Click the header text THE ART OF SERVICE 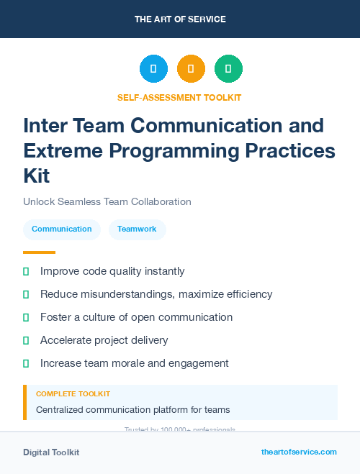[180, 19]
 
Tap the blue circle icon [153, 69]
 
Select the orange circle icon [191, 69]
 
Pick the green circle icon [228, 69]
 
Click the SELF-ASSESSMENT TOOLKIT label [180, 97]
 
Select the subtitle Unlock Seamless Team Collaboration [107, 201]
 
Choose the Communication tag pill [62, 229]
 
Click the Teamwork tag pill [137, 229]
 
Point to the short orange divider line [39, 252]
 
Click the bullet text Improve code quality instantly [112, 271]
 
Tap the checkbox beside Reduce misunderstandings [26, 294]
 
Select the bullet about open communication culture [136, 317]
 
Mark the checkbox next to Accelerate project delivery [26, 340]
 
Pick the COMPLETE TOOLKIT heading [73, 394]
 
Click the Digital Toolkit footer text [51, 452]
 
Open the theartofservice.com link [299, 452]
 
